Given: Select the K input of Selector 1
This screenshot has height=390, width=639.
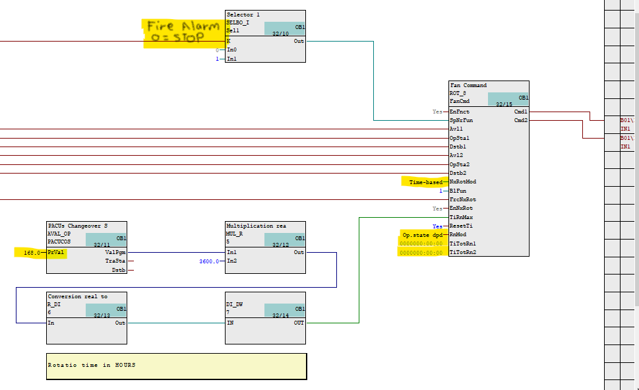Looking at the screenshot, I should tap(229, 41).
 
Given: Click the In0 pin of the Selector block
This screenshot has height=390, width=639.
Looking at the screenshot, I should tap(231, 50).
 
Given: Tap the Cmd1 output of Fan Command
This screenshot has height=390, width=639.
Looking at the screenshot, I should tap(520, 112).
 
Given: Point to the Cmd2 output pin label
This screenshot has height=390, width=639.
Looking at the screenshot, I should tap(520, 120).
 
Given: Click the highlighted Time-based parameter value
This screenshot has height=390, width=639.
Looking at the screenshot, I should tap(425, 182).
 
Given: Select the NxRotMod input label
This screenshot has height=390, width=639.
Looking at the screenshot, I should tap(463, 182).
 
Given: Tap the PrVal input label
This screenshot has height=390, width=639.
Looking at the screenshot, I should tap(55, 253).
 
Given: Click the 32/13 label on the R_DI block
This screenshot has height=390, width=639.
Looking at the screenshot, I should tap(102, 315).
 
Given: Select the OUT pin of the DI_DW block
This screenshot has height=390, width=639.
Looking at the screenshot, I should tap(299, 323).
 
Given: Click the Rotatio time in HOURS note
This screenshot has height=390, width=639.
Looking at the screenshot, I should tap(92, 365).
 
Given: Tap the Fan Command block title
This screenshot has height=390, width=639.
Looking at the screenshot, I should tap(468, 86).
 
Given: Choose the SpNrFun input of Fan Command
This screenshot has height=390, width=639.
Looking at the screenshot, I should tap(462, 120).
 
